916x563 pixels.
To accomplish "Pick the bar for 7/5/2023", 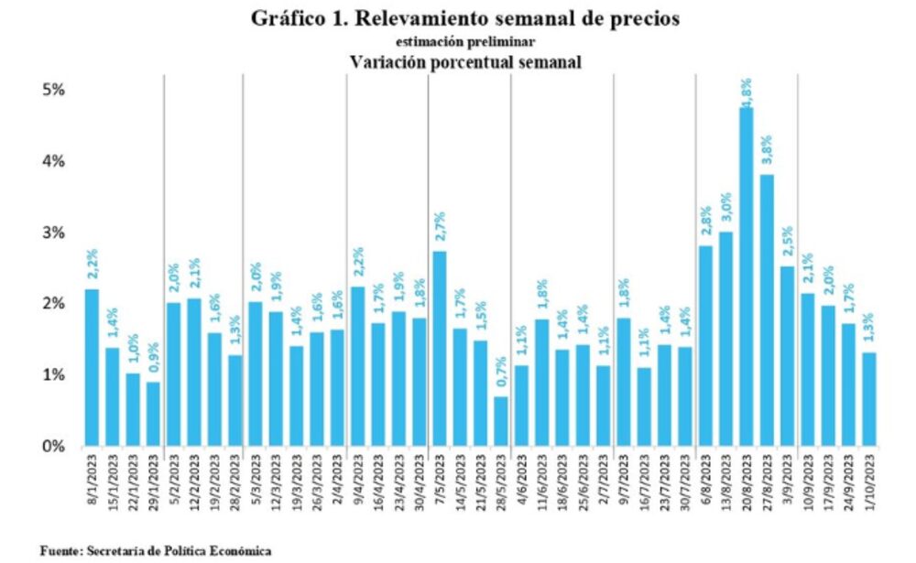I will (440, 349).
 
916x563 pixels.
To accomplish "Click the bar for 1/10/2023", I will (869, 399).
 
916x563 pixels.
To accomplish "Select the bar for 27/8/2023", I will (768, 310).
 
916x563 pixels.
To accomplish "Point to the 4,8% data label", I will (747, 92).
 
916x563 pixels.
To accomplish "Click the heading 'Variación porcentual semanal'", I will (466, 62).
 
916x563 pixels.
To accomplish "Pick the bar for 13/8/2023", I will (727, 340).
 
